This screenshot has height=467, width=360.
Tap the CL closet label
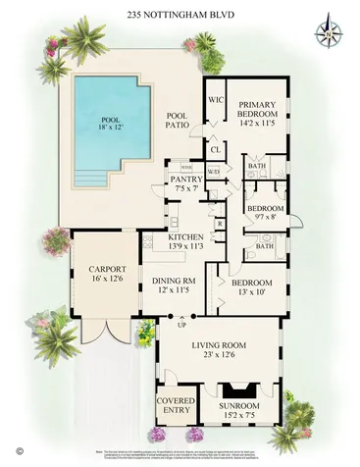[x=215, y=148]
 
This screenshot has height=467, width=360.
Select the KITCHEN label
[x=185, y=237]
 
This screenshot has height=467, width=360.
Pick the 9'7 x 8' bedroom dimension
[x=263, y=221]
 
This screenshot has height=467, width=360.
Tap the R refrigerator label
[x=220, y=223]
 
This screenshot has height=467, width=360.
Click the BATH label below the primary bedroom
[x=262, y=167]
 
